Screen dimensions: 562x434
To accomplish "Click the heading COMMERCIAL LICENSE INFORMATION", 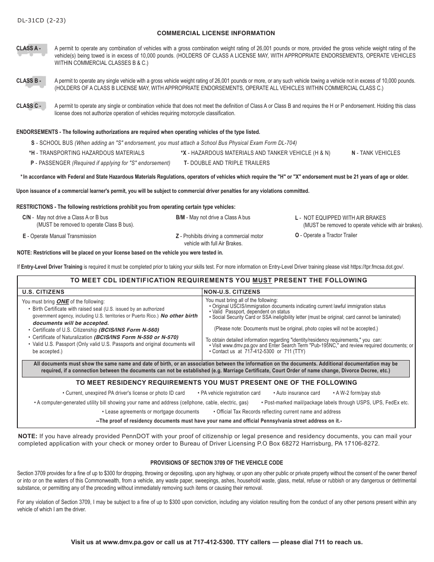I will coord(216,33).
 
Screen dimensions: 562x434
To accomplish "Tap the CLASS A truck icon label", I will coord(29,48).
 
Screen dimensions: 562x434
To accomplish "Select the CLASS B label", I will coord(29,81).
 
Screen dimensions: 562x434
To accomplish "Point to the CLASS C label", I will coord(29,106).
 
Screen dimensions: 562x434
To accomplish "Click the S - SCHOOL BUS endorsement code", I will coord(51,143).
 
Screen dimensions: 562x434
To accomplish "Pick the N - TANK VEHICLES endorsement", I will coord(376,153).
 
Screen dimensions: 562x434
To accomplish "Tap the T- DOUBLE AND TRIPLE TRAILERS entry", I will coord(227,163).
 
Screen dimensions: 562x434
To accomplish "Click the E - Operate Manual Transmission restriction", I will coord(59,236).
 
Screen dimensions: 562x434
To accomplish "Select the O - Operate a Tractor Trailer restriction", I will coord(326,235).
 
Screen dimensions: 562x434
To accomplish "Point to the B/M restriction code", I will coord(180,217).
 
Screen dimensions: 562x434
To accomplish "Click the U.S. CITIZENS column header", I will coord(43,292).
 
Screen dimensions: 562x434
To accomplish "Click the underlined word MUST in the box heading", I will coord(262,281).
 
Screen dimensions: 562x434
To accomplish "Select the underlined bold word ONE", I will coord(62,302).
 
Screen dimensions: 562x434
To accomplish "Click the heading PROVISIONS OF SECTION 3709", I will coord(217,463).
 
